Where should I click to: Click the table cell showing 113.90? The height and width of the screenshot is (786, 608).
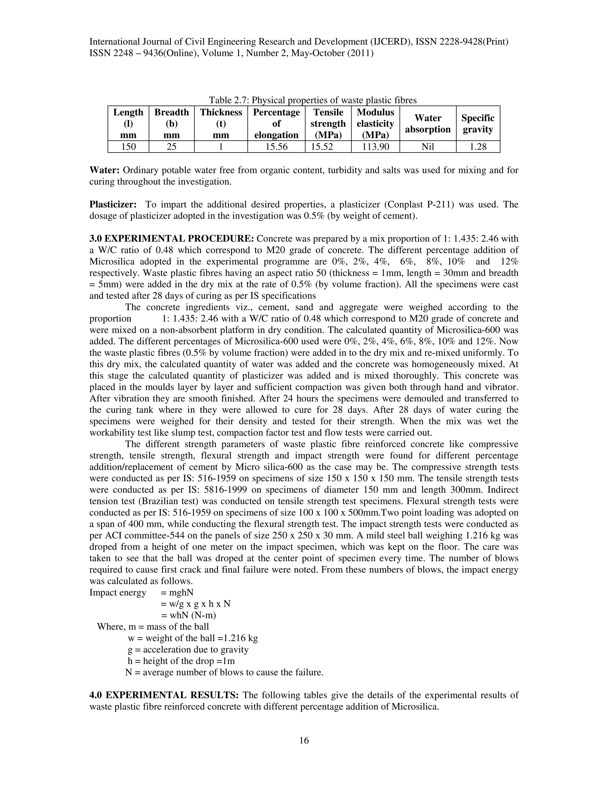[x=375, y=147]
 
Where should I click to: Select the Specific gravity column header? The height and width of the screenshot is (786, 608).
[x=478, y=123]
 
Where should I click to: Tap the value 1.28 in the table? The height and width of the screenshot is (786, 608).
[x=478, y=147]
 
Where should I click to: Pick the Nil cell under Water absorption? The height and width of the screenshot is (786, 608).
[x=427, y=147]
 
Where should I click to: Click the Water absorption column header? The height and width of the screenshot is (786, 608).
[x=427, y=123]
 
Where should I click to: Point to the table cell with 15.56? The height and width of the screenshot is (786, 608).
[x=276, y=147]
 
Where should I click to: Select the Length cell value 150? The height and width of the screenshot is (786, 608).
[x=128, y=147]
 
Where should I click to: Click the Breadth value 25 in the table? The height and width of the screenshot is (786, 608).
[x=172, y=147]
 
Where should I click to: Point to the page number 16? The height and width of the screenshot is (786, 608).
[x=304, y=741]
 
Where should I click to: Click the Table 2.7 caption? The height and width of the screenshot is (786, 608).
[x=313, y=100]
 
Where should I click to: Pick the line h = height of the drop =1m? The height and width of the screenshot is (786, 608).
[x=181, y=661]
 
